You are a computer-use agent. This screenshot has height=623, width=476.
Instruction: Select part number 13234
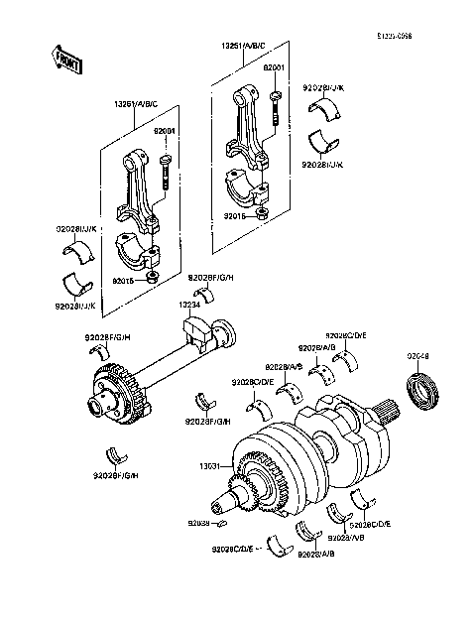pos(190,305)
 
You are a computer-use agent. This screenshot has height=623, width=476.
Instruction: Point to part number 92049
pos(417,355)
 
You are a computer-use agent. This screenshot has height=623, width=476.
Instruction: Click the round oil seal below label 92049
pos(422,391)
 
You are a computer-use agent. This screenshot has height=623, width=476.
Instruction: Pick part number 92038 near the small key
pos(199,522)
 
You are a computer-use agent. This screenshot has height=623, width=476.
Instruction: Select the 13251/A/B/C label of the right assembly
pos(245,46)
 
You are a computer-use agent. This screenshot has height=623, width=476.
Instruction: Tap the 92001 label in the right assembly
pos(274,67)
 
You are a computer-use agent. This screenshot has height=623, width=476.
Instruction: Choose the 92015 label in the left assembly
pos(125,281)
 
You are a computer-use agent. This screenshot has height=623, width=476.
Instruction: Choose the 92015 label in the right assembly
pos(235,214)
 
